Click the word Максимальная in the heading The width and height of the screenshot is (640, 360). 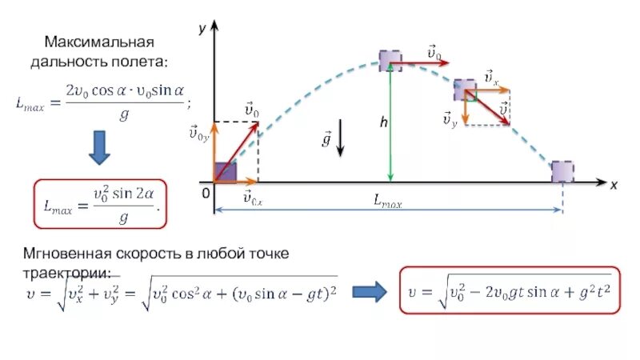99,41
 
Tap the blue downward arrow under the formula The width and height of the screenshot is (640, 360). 99,147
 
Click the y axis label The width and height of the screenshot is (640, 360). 202,29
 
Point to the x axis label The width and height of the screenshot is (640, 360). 614,185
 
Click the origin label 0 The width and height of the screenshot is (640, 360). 205,194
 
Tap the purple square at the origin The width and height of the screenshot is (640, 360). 226,172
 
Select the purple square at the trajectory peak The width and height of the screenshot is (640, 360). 390,60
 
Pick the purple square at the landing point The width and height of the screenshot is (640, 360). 563,171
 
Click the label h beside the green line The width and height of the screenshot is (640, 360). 384,122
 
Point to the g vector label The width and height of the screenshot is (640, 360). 326,140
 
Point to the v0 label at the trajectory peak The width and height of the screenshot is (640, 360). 434,53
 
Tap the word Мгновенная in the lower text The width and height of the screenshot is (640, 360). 66,254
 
